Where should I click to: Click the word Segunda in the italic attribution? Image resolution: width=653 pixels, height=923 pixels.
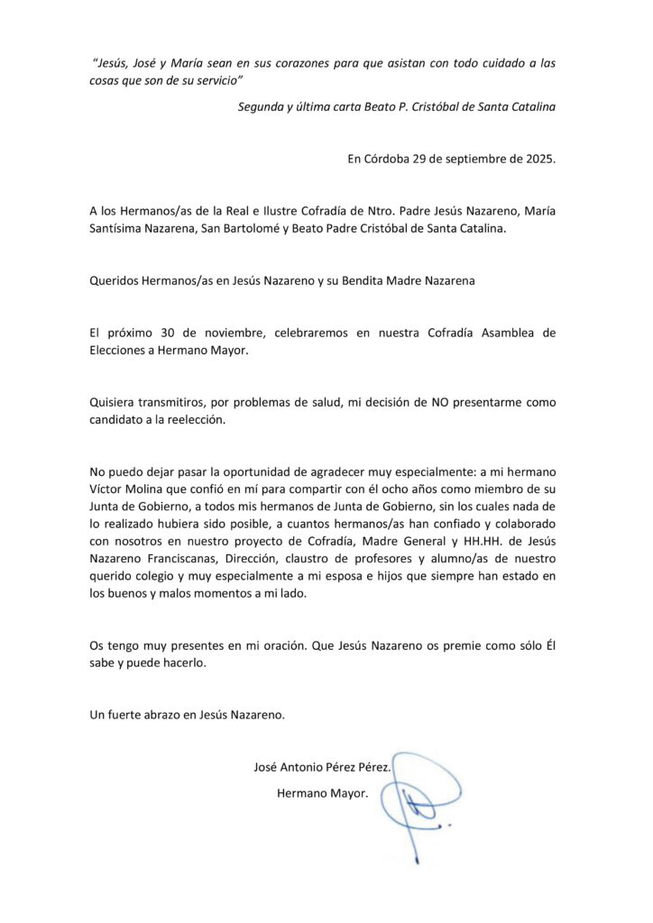click(x=261, y=106)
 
